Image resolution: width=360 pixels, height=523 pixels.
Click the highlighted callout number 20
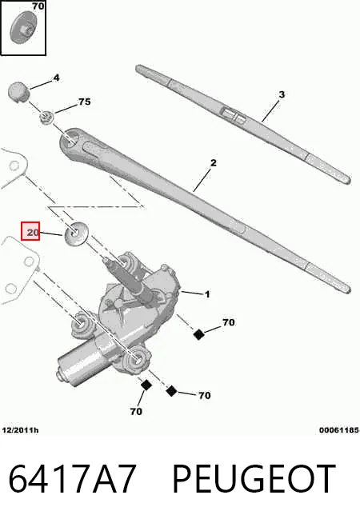[33, 232]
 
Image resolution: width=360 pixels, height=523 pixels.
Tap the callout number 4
[56, 78]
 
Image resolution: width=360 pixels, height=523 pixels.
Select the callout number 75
[85, 102]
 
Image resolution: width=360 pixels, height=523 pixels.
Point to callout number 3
[282, 94]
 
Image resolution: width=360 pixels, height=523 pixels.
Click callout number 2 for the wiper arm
[214, 163]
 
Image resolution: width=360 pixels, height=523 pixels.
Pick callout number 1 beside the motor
[207, 294]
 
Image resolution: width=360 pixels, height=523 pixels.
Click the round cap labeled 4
[18, 91]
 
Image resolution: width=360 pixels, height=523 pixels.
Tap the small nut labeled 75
[46, 118]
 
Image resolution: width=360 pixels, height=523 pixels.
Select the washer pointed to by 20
[76, 233]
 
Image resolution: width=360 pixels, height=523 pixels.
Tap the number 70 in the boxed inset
[38, 6]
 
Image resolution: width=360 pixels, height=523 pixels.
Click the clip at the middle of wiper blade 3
[234, 114]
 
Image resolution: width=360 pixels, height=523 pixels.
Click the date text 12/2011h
[20, 430]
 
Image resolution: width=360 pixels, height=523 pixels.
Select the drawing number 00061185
[339, 430]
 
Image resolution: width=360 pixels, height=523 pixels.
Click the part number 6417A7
[72, 479]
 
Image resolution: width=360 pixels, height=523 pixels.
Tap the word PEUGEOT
[254, 479]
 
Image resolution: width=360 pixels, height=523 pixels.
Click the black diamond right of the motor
[199, 334]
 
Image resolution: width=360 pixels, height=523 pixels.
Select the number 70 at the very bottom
[136, 412]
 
